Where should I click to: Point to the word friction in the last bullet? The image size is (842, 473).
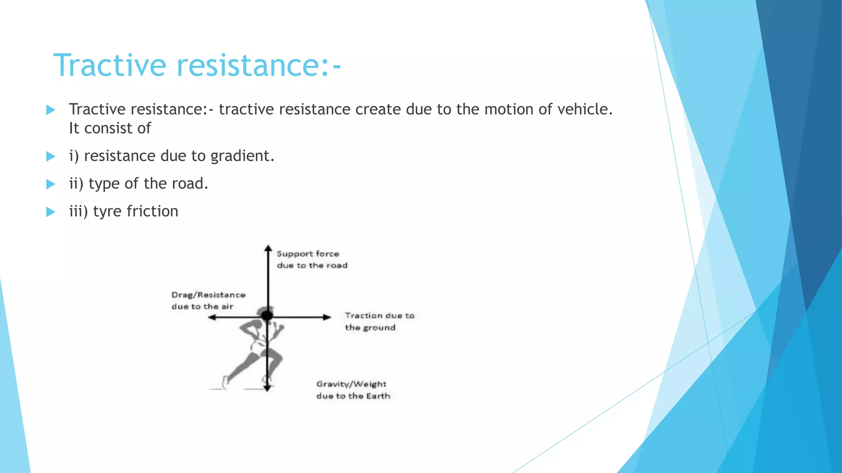(152, 211)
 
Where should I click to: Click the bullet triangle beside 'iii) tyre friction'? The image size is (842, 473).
(51, 212)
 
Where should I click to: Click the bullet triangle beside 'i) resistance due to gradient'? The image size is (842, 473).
(51, 156)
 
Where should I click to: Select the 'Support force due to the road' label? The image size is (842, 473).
(312, 259)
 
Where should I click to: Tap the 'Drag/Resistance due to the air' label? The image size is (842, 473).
(208, 301)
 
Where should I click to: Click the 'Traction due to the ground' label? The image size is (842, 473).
(379, 321)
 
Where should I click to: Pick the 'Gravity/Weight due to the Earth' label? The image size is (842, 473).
(353, 390)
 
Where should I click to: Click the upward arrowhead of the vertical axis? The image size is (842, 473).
(268, 248)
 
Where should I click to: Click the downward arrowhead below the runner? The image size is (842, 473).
(267, 388)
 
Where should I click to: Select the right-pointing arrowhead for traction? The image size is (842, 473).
(327, 317)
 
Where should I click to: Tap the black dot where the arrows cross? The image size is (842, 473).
(267, 315)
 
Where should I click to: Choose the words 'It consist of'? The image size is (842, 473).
(110, 129)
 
